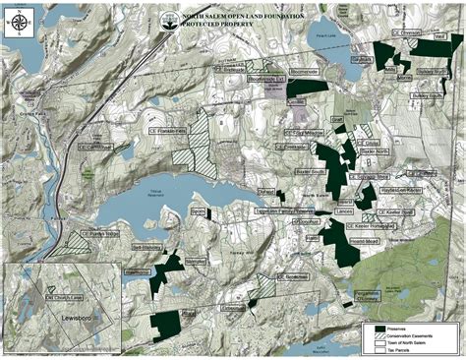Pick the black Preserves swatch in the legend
click(x=373, y=327)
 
